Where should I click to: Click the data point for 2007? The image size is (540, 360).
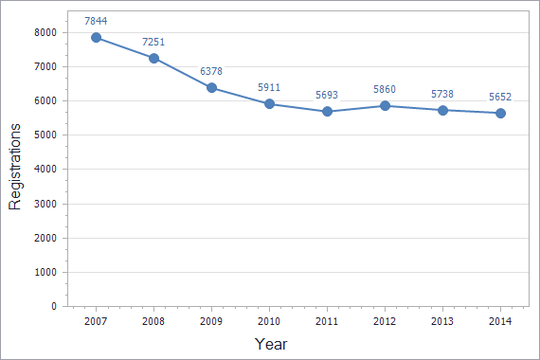(x=97, y=38)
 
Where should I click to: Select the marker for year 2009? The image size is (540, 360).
(x=212, y=88)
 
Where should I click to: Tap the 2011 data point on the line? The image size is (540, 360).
(x=327, y=111)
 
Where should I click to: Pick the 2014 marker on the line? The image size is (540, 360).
(x=500, y=113)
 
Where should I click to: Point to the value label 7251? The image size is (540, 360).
(x=154, y=42)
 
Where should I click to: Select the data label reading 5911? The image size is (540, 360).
(x=270, y=87)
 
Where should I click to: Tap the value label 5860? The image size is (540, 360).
(x=386, y=89)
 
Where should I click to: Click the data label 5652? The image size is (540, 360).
(x=500, y=96)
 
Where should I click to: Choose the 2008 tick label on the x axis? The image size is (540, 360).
(x=154, y=322)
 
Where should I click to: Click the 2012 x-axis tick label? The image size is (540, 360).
(x=386, y=322)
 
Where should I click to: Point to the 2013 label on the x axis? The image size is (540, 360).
(x=442, y=322)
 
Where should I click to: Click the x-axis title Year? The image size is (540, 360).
(x=270, y=344)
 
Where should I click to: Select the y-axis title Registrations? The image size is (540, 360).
(x=16, y=167)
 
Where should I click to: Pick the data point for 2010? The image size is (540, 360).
(x=270, y=104)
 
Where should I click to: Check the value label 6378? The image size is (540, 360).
(x=212, y=71)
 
